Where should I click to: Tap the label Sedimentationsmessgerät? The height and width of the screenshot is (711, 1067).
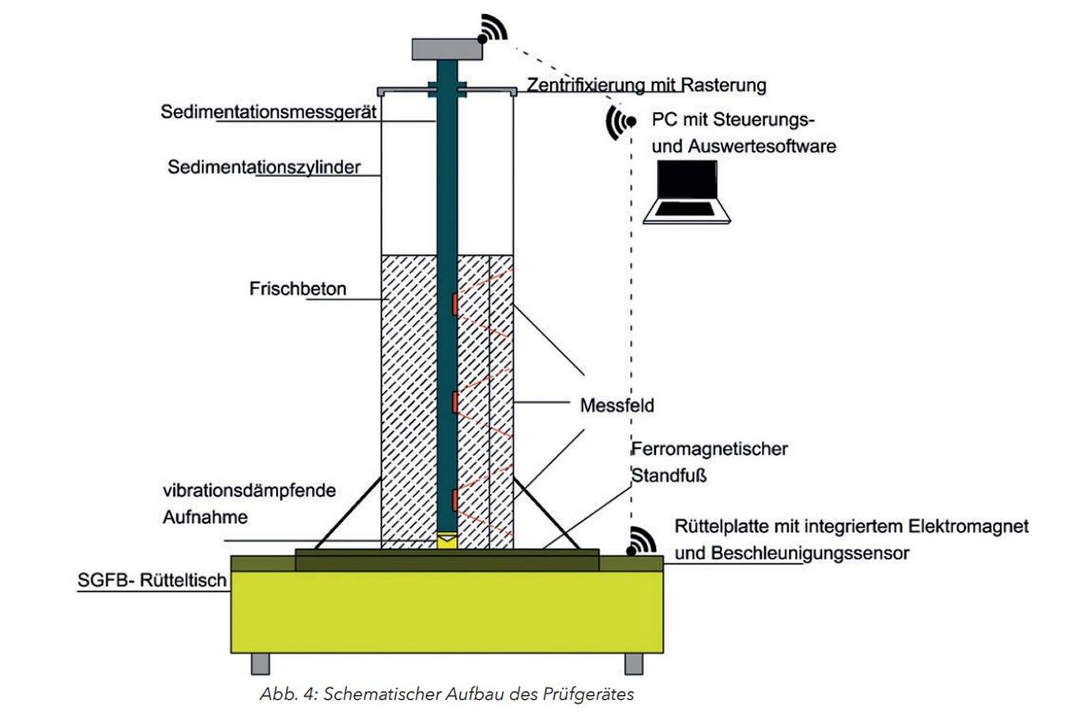click(x=269, y=111)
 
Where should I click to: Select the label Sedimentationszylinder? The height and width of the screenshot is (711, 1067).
click(x=264, y=167)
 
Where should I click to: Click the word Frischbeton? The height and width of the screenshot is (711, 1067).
click(x=298, y=288)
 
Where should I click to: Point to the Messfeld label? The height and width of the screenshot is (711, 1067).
click(x=616, y=405)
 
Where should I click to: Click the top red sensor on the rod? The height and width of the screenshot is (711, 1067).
click(x=455, y=304)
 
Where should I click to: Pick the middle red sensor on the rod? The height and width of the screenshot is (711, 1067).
click(x=455, y=402)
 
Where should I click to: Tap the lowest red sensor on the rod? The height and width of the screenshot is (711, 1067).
click(x=455, y=500)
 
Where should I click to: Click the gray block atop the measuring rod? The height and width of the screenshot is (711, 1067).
click(x=447, y=48)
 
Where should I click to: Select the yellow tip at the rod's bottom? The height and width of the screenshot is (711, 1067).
click(x=447, y=540)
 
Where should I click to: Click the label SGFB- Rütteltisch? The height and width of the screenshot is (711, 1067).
click(x=152, y=581)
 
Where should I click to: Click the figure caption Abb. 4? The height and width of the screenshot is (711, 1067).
click(x=447, y=694)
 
